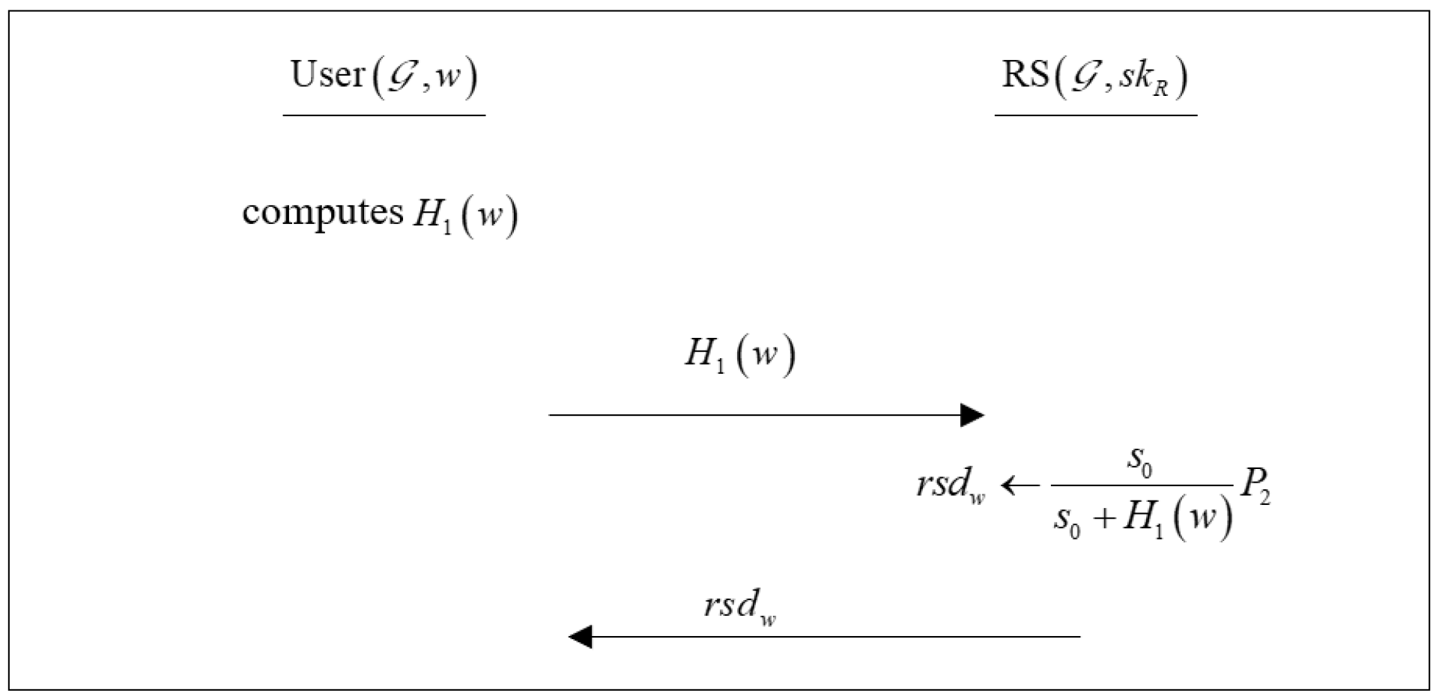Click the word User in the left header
pyautogui.click(x=327, y=75)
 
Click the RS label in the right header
pyautogui.click(x=1026, y=75)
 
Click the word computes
pyautogui.click(x=323, y=213)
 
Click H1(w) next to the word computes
pyautogui.click(x=465, y=216)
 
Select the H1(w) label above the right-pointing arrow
pyautogui.click(x=739, y=355)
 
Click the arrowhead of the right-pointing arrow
pyautogui.click(x=972, y=415)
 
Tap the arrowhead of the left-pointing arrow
pyautogui.click(x=581, y=637)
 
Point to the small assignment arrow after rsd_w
pyautogui.click(x=1020, y=486)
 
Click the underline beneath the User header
pyautogui.click(x=384, y=115)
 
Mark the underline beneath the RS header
pyautogui.click(x=1095, y=115)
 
